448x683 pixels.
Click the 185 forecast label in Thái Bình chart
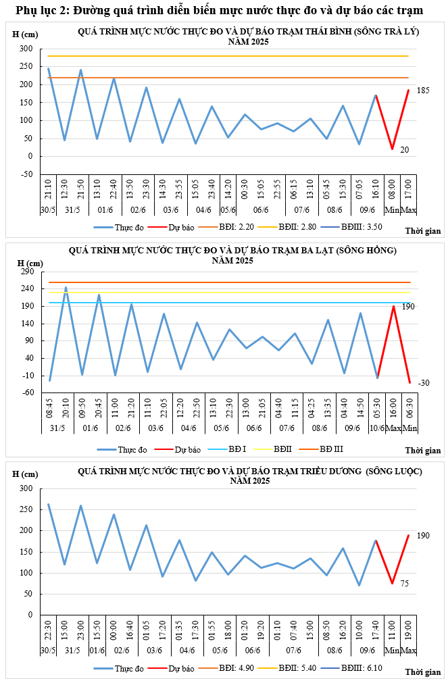423,91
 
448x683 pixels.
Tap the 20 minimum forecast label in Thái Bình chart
404,150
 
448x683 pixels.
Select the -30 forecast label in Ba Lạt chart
423,383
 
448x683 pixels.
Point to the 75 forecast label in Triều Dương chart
405,584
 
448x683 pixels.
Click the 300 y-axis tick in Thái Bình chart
26,49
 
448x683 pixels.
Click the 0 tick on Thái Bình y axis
30,156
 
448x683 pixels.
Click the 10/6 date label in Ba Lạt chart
378,428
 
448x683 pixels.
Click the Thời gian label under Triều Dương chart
423,672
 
